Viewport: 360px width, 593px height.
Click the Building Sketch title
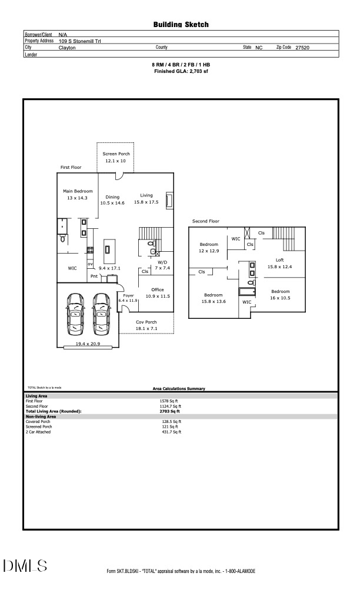[x=181, y=25]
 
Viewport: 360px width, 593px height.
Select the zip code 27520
[x=302, y=47]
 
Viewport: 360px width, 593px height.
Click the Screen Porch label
[x=115, y=153]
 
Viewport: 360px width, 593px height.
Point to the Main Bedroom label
[x=78, y=191]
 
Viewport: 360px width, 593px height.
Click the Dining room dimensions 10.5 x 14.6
[x=112, y=203]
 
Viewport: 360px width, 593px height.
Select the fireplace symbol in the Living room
[x=169, y=201]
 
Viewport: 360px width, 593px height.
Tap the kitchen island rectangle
[x=108, y=249]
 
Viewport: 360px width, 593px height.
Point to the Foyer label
[x=128, y=295]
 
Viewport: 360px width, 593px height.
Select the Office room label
[x=157, y=289]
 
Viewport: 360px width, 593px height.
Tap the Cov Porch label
[x=146, y=322]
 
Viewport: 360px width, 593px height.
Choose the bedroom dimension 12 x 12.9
[x=208, y=251]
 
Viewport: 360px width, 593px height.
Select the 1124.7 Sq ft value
[x=171, y=406]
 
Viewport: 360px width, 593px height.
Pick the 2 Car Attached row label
[x=38, y=432]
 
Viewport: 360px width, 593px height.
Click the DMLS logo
[x=25, y=567]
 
